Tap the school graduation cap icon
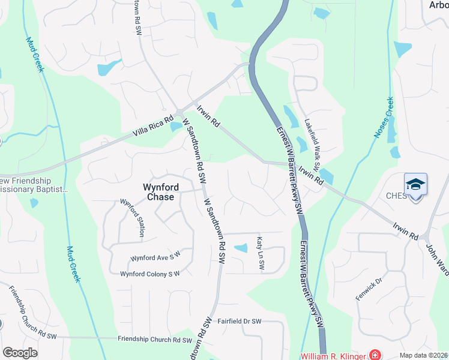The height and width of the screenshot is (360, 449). (416, 184)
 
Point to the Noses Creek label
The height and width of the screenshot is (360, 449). (384, 118)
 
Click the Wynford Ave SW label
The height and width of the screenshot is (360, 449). (155, 257)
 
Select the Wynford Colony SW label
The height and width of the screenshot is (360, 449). (150, 274)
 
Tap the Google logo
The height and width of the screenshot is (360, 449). (20, 353)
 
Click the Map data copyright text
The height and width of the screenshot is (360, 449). (424, 355)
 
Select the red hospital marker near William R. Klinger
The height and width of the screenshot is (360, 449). (375, 355)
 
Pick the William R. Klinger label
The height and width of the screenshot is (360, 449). (333, 355)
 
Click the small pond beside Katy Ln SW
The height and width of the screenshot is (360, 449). (240, 248)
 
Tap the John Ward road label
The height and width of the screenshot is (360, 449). (437, 259)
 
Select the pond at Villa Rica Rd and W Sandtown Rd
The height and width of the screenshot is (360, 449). (175, 127)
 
